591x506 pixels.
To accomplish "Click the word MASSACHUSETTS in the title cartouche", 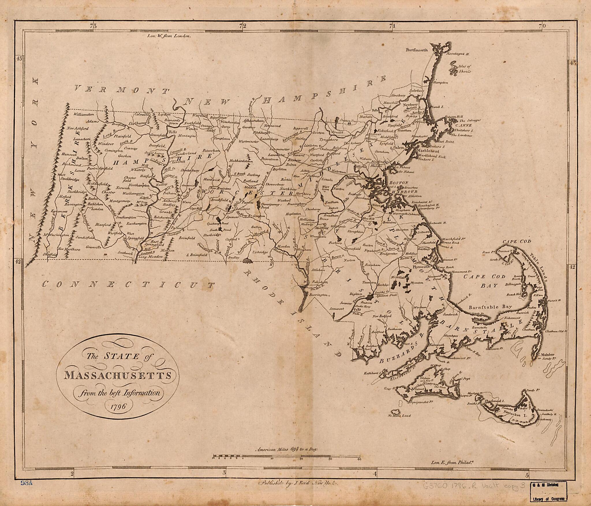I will coord(117,375).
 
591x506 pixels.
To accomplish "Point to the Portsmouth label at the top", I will coord(417,50).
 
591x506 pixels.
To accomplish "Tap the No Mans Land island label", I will coord(399,416).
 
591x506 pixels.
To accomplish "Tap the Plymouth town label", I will coord(422,268).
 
